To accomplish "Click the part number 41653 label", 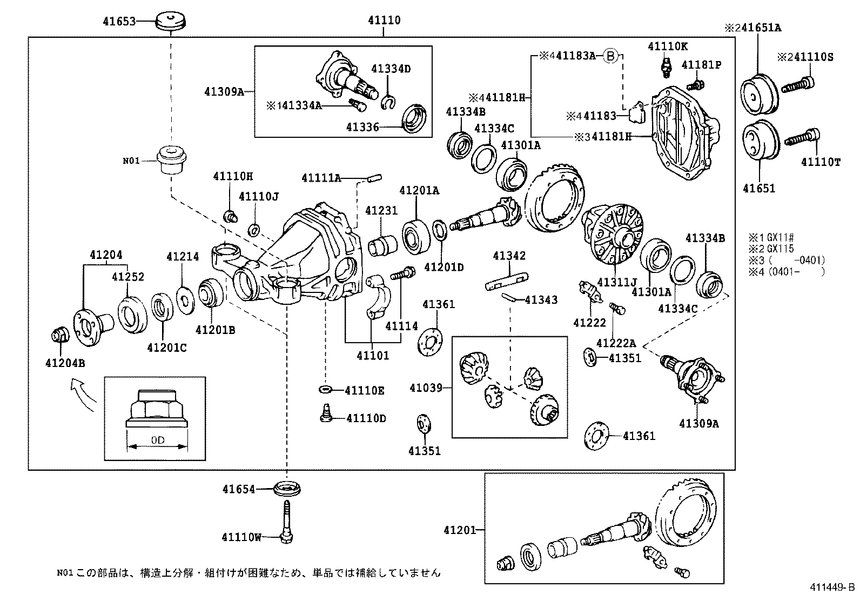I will coord(118,22).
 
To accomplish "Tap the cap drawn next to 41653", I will coord(171,22).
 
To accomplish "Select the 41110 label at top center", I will coord(384,21).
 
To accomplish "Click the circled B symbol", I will coord(609,55).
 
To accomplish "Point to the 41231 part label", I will coord(381,211).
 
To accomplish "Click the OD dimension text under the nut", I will coord(157,441).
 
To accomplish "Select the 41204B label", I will coord(65,363).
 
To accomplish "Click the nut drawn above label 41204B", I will coord(59,335).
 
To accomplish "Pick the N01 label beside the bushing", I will coord(131,161).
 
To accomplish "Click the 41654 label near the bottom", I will coord(238,489).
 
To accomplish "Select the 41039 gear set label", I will coord(426,388).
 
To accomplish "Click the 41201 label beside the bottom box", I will coord(460,530).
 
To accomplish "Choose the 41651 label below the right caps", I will coord(759,189).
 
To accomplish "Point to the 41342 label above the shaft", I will coord(509,256).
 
